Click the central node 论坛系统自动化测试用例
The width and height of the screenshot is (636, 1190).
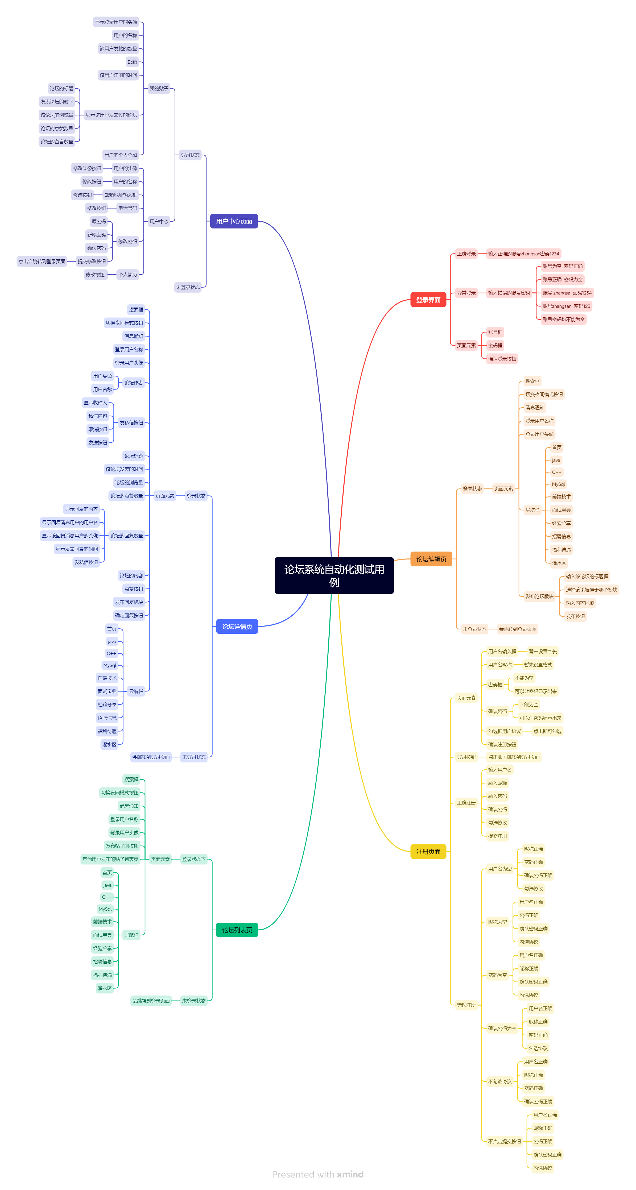pos(334,575)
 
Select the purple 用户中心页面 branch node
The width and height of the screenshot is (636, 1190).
pos(234,221)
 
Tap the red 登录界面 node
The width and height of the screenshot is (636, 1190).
pos(428,300)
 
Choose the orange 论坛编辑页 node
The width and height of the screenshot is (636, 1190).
pos(431,559)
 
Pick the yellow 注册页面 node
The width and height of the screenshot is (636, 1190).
pos(428,851)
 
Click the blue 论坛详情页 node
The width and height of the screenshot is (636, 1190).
pos(237,627)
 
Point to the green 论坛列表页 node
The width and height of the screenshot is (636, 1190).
pos(237,930)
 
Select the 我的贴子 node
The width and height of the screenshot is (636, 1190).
pos(159,88)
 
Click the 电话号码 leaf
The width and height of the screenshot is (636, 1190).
pos(127,208)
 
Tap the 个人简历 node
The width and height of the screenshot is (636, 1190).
pos(127,274)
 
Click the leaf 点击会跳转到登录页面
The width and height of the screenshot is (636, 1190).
pos(42,262)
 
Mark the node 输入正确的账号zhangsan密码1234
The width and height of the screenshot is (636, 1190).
pos(523,254)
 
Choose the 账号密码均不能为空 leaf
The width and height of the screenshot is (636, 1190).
pos(563,319)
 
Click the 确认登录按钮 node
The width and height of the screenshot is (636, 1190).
pos(502,358)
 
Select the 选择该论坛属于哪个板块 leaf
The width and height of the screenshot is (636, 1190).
pos(591,590)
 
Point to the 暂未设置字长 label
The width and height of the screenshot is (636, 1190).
pos(543,651)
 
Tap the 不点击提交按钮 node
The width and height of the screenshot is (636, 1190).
pos(504,1142)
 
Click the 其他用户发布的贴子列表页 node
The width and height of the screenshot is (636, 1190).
pos(110,859)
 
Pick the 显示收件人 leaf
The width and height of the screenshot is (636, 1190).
pos(95,402)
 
